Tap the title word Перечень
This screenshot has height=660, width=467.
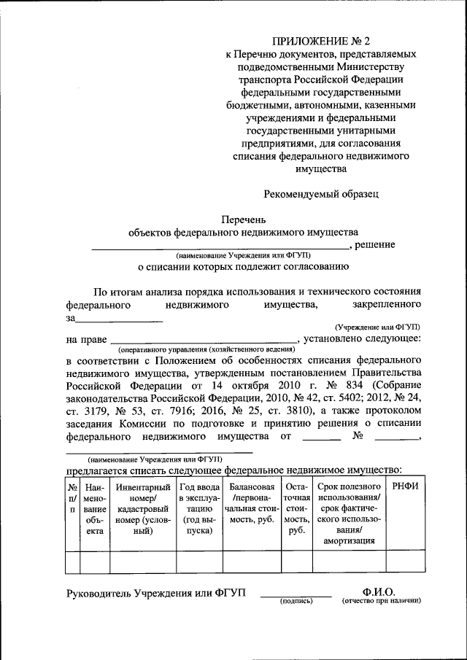pos(244,219)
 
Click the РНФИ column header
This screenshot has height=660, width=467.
pos(405,486)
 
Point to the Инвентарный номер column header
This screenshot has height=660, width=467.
pos(143,508)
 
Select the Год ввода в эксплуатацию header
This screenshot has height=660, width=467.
pos(198,508)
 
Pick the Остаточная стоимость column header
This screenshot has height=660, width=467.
pos(297,508)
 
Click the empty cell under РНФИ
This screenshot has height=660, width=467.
pos(405,564)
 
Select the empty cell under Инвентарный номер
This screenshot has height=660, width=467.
pos(143,564)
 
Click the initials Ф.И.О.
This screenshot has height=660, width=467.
pos(379,592)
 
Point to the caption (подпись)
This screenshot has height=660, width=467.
pos(296,602)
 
